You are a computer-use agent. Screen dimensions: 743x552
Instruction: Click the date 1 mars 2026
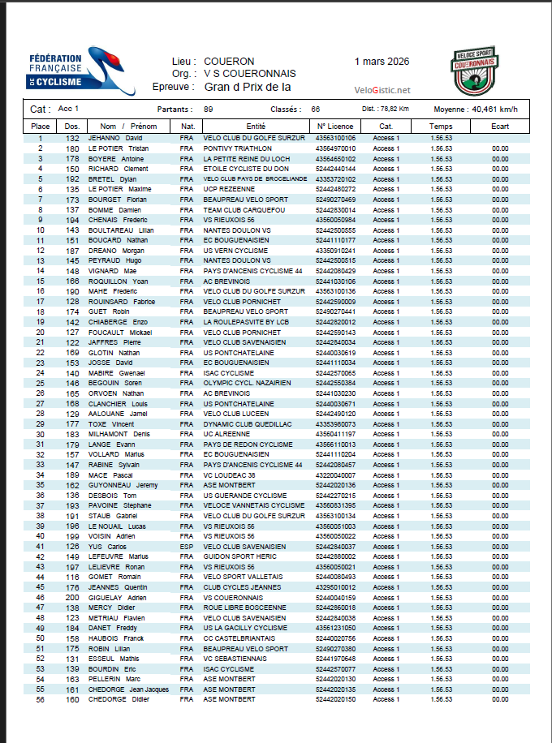pyautogui.click(x=382, y=62)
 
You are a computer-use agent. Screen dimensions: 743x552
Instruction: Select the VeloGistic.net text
pyautogui.click(x=382, y=90)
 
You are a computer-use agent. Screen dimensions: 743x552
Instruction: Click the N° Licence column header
pyautogui.click(x=335, y=127)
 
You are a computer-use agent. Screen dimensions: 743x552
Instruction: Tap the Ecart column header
pyautogui.click(x=499, y=127)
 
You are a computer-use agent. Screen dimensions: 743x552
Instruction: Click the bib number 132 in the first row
pyautogui.click(x=72, y=139)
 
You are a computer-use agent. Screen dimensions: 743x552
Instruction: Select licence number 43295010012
pyautogui.click(x=335, y=586)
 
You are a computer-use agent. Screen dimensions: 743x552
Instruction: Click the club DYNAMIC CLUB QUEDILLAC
pyautogui.click(x=246, y=423)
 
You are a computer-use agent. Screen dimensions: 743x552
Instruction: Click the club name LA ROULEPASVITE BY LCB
pyautogui.click(x=246, y=322)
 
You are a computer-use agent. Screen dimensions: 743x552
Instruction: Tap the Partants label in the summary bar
pyautogui.click(x=175, y=109)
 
